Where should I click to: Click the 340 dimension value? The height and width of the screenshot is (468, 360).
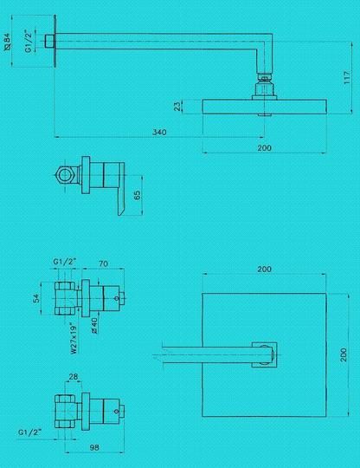pos(159,132)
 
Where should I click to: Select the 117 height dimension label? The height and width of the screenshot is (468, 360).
pos(347,78)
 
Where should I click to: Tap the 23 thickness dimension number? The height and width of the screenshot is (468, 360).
pos(177,107)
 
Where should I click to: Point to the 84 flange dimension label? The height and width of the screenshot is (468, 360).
pos(8,42)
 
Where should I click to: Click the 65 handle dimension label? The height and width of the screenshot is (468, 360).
pos(137,195)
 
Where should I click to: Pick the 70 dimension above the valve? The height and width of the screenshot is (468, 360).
pos(103,263)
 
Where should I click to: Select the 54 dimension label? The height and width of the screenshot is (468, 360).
pos(36,298)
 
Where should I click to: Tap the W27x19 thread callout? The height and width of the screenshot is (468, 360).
pos(74,338)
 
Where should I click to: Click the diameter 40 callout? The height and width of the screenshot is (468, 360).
pos(93,325)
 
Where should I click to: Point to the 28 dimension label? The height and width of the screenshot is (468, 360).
pos(74,377)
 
